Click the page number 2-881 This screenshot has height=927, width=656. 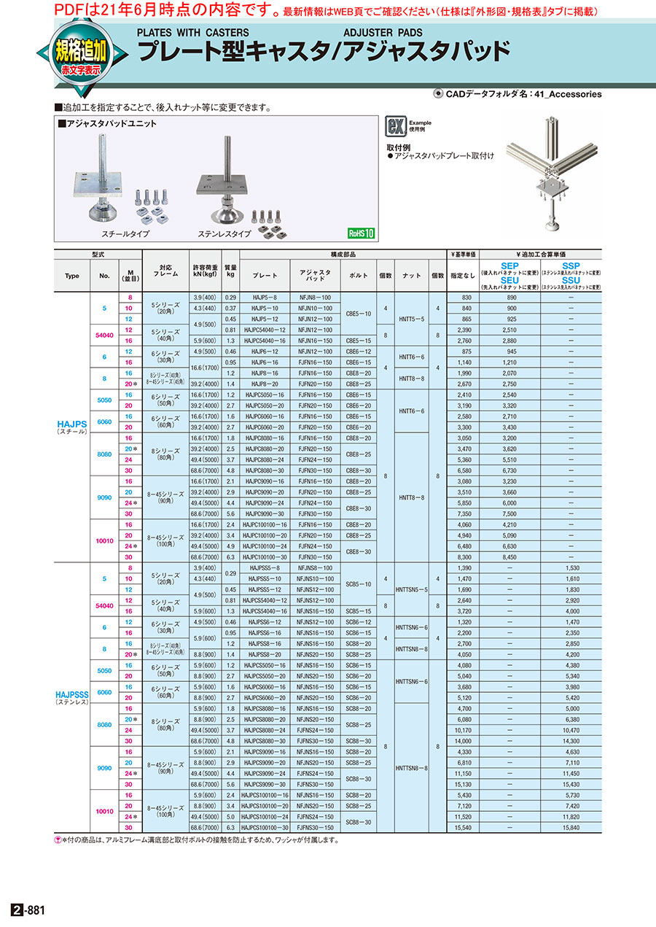(28, 910)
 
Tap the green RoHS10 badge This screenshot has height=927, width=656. (360, 234)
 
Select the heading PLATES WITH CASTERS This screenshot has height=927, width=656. (192, 32)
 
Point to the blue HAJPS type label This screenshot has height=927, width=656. (71, 422)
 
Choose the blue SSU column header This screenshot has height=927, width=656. (571, 279)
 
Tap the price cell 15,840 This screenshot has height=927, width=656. (571, 828)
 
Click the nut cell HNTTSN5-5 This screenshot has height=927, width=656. (412, 589)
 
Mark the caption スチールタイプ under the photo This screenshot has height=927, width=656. (125, 233)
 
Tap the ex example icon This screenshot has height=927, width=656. (396, 126)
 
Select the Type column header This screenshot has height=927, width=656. (71, 276)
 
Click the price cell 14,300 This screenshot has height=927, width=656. (571, 740)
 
